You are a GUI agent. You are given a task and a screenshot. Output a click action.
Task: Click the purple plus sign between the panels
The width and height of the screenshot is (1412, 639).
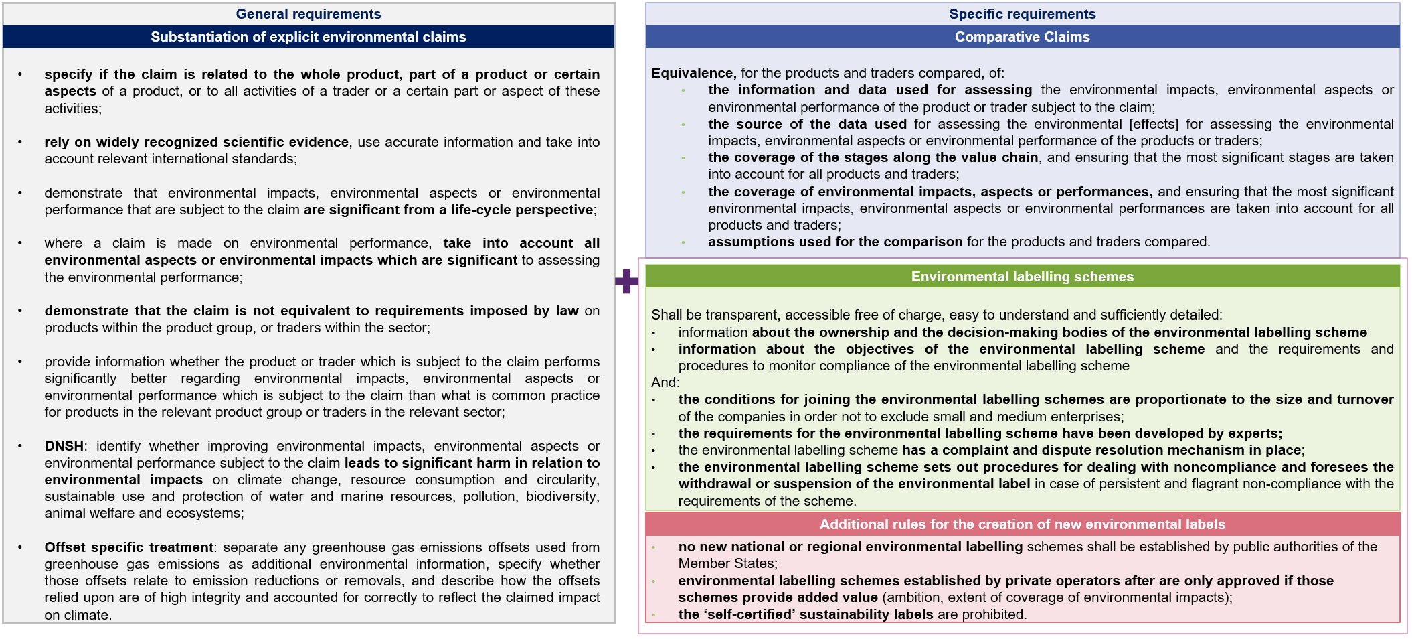pos(626,281)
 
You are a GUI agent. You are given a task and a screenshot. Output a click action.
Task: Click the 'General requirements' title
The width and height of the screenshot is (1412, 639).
pos(308,14)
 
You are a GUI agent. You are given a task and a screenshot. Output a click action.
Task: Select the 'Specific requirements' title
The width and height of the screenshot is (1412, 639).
pos(1022,14)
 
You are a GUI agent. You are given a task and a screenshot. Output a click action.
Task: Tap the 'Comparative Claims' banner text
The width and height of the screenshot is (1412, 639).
pos(1022,37)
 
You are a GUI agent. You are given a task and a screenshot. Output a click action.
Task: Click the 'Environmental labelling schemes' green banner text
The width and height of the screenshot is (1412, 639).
pos(1022,277)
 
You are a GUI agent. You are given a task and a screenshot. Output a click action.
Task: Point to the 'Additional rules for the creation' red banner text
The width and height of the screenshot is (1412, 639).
pos(1022,524)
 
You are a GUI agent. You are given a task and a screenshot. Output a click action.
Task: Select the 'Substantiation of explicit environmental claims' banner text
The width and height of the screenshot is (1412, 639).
pos(308,37)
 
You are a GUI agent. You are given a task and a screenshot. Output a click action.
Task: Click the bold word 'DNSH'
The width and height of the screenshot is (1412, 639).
pos(64,446)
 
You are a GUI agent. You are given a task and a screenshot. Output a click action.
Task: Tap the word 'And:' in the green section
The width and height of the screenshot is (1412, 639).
pos(665,382)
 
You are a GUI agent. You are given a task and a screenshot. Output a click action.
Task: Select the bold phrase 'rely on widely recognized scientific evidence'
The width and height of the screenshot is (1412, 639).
pos(196,142)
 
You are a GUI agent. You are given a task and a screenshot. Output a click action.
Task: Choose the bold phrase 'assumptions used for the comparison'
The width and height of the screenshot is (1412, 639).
pos(834,242)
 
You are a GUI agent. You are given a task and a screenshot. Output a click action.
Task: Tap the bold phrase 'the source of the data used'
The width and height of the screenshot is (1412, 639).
pos(807,124)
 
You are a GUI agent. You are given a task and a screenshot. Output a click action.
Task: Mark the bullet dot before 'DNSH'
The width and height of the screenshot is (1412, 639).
pos(20,446)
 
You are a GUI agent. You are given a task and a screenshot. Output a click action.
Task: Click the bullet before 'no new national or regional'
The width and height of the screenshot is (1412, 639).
pos(654,547)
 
